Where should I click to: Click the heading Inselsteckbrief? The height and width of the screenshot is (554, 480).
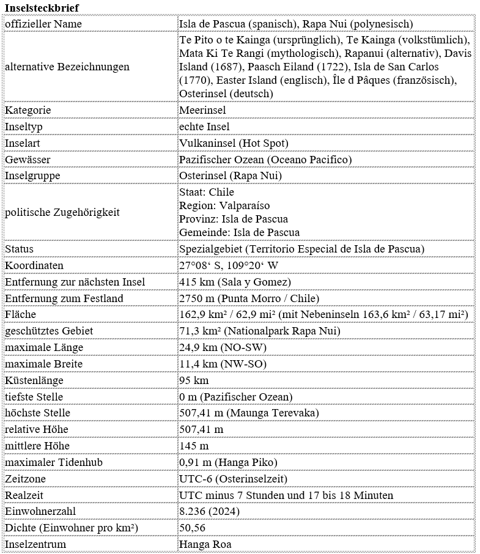[42, 7]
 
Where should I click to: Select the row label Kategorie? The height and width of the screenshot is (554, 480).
[28, 110]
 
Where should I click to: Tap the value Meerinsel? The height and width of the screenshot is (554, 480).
[202, 110]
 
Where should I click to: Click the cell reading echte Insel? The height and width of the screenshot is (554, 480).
[204, 127]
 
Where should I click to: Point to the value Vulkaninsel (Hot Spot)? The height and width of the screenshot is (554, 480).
[234, 143]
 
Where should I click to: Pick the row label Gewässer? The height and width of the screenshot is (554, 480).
[28, 160]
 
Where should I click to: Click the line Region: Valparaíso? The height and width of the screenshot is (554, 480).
[224, 205]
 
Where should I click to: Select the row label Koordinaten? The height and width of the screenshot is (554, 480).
[34, 265]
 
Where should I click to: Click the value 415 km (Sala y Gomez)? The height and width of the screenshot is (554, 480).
[235, 282]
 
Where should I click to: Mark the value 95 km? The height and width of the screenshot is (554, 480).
[194, 380]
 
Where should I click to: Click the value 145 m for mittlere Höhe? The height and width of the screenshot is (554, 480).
[194, 446]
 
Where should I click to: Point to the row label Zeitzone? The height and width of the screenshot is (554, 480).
[25, 479]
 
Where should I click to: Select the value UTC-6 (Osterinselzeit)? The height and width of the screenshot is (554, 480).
[233, 479]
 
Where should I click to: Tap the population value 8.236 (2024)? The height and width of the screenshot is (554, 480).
[209, 511]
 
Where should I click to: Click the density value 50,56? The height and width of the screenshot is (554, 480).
[192, 528]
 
